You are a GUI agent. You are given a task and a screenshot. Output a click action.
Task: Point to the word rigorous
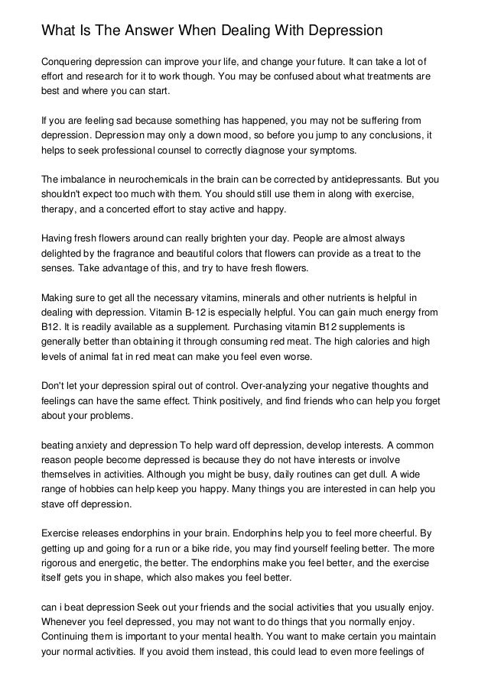pos(63,565)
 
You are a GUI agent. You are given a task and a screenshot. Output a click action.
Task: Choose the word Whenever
pos(67,624)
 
